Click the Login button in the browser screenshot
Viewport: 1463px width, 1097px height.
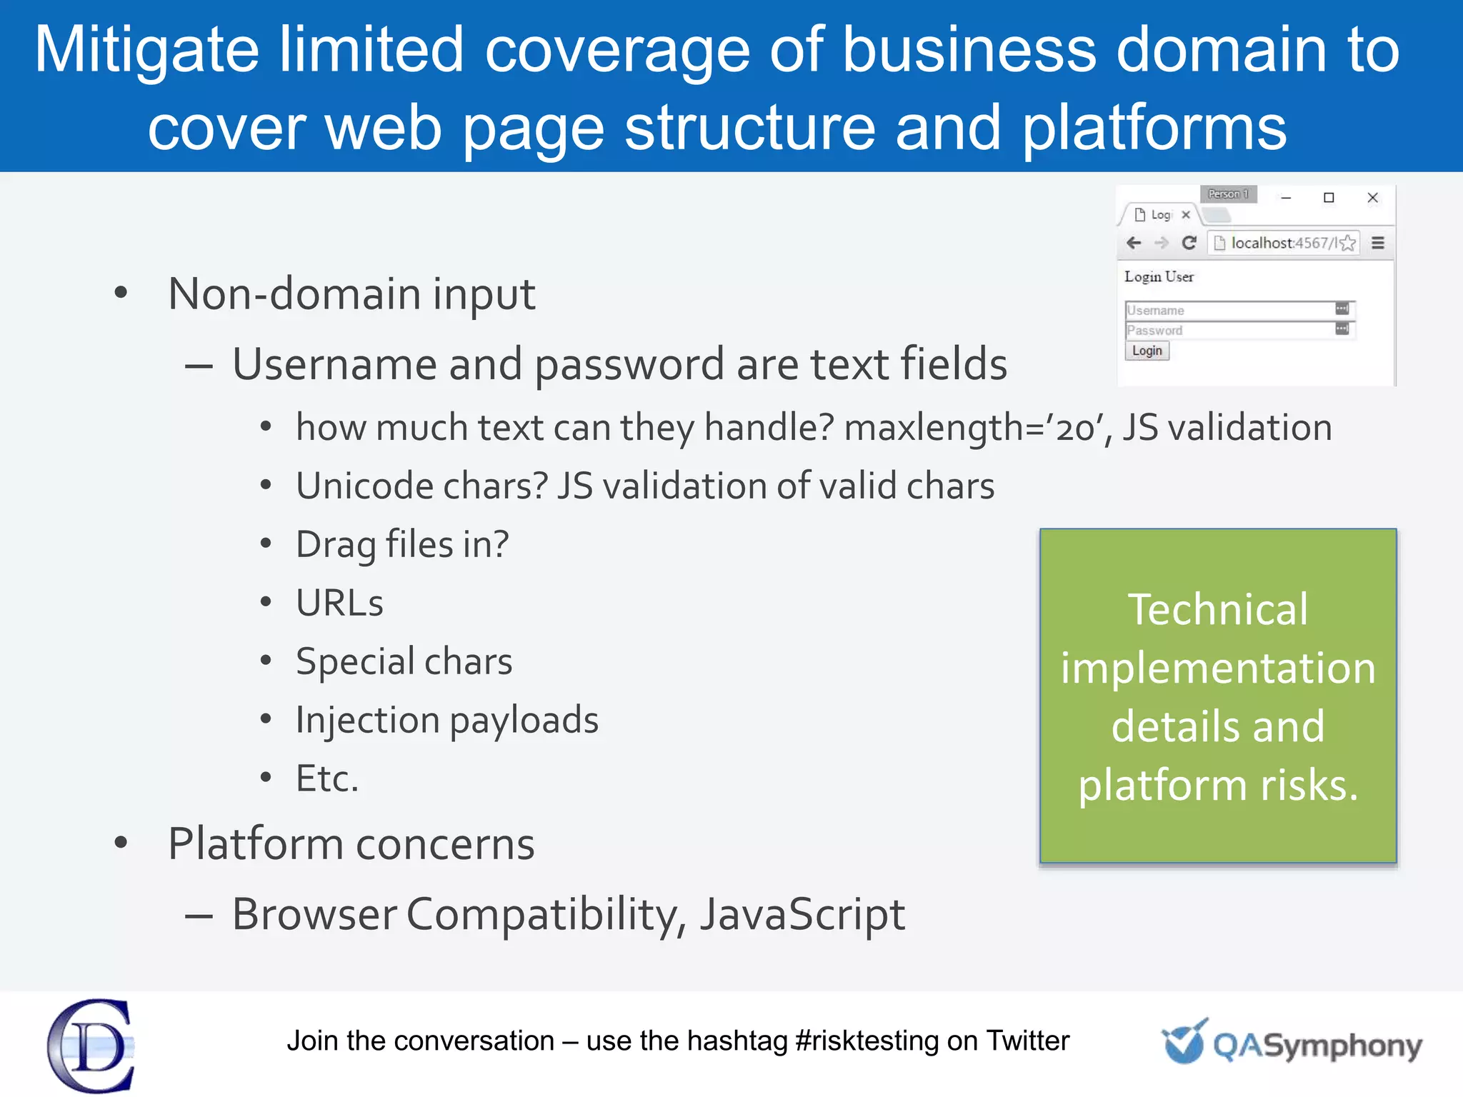click(x=1147, y=351)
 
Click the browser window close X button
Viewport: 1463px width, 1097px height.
click(x=1372, y=198)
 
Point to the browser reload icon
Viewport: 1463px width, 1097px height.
click(x=1189, y=243)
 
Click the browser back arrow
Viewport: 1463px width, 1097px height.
click(x=1134, y=243)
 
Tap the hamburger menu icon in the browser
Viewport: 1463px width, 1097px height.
click(x=1378, y=243)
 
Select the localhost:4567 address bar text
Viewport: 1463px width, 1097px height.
click(x=1282, y=243)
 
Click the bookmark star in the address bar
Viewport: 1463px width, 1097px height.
click(x=1348, y=243)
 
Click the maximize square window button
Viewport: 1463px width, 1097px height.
click(x=1329, y=198)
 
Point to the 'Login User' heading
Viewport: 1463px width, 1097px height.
click(x=1159, y=276)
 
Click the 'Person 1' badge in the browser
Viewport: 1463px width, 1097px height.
click(x=1228, y=194)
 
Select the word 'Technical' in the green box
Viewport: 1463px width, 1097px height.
click(x=1217, y=609)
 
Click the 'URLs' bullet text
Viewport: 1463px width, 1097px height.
click(x=339, y=603)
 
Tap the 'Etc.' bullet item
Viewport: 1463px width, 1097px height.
click(x=326, y=778)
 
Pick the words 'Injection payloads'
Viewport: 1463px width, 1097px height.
click(x=447, y=720)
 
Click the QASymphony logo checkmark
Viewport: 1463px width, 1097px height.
click(x=1184, y=1042)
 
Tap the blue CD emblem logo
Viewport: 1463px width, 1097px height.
click(x=91, y=1045)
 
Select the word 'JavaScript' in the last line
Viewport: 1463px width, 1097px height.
click(x=802, y=914)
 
